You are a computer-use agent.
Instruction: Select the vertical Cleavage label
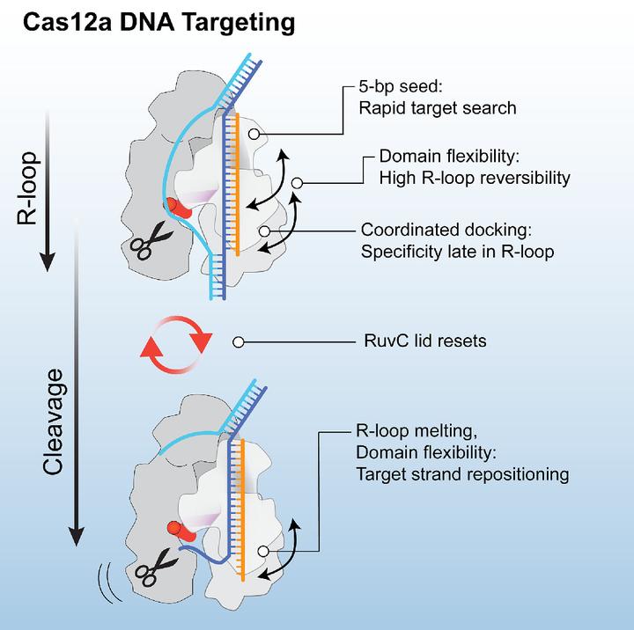pyautogui.click(x=54, y=430)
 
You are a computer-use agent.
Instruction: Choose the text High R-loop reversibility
pyautogui.click(x=475, y=178)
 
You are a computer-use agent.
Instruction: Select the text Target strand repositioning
pyautogui.click(x=462, y=474)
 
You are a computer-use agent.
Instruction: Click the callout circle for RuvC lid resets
pyautogui.click(x=237, y=341)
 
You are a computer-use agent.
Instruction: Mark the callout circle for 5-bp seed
pyautogui.click(x=254, y=134)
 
